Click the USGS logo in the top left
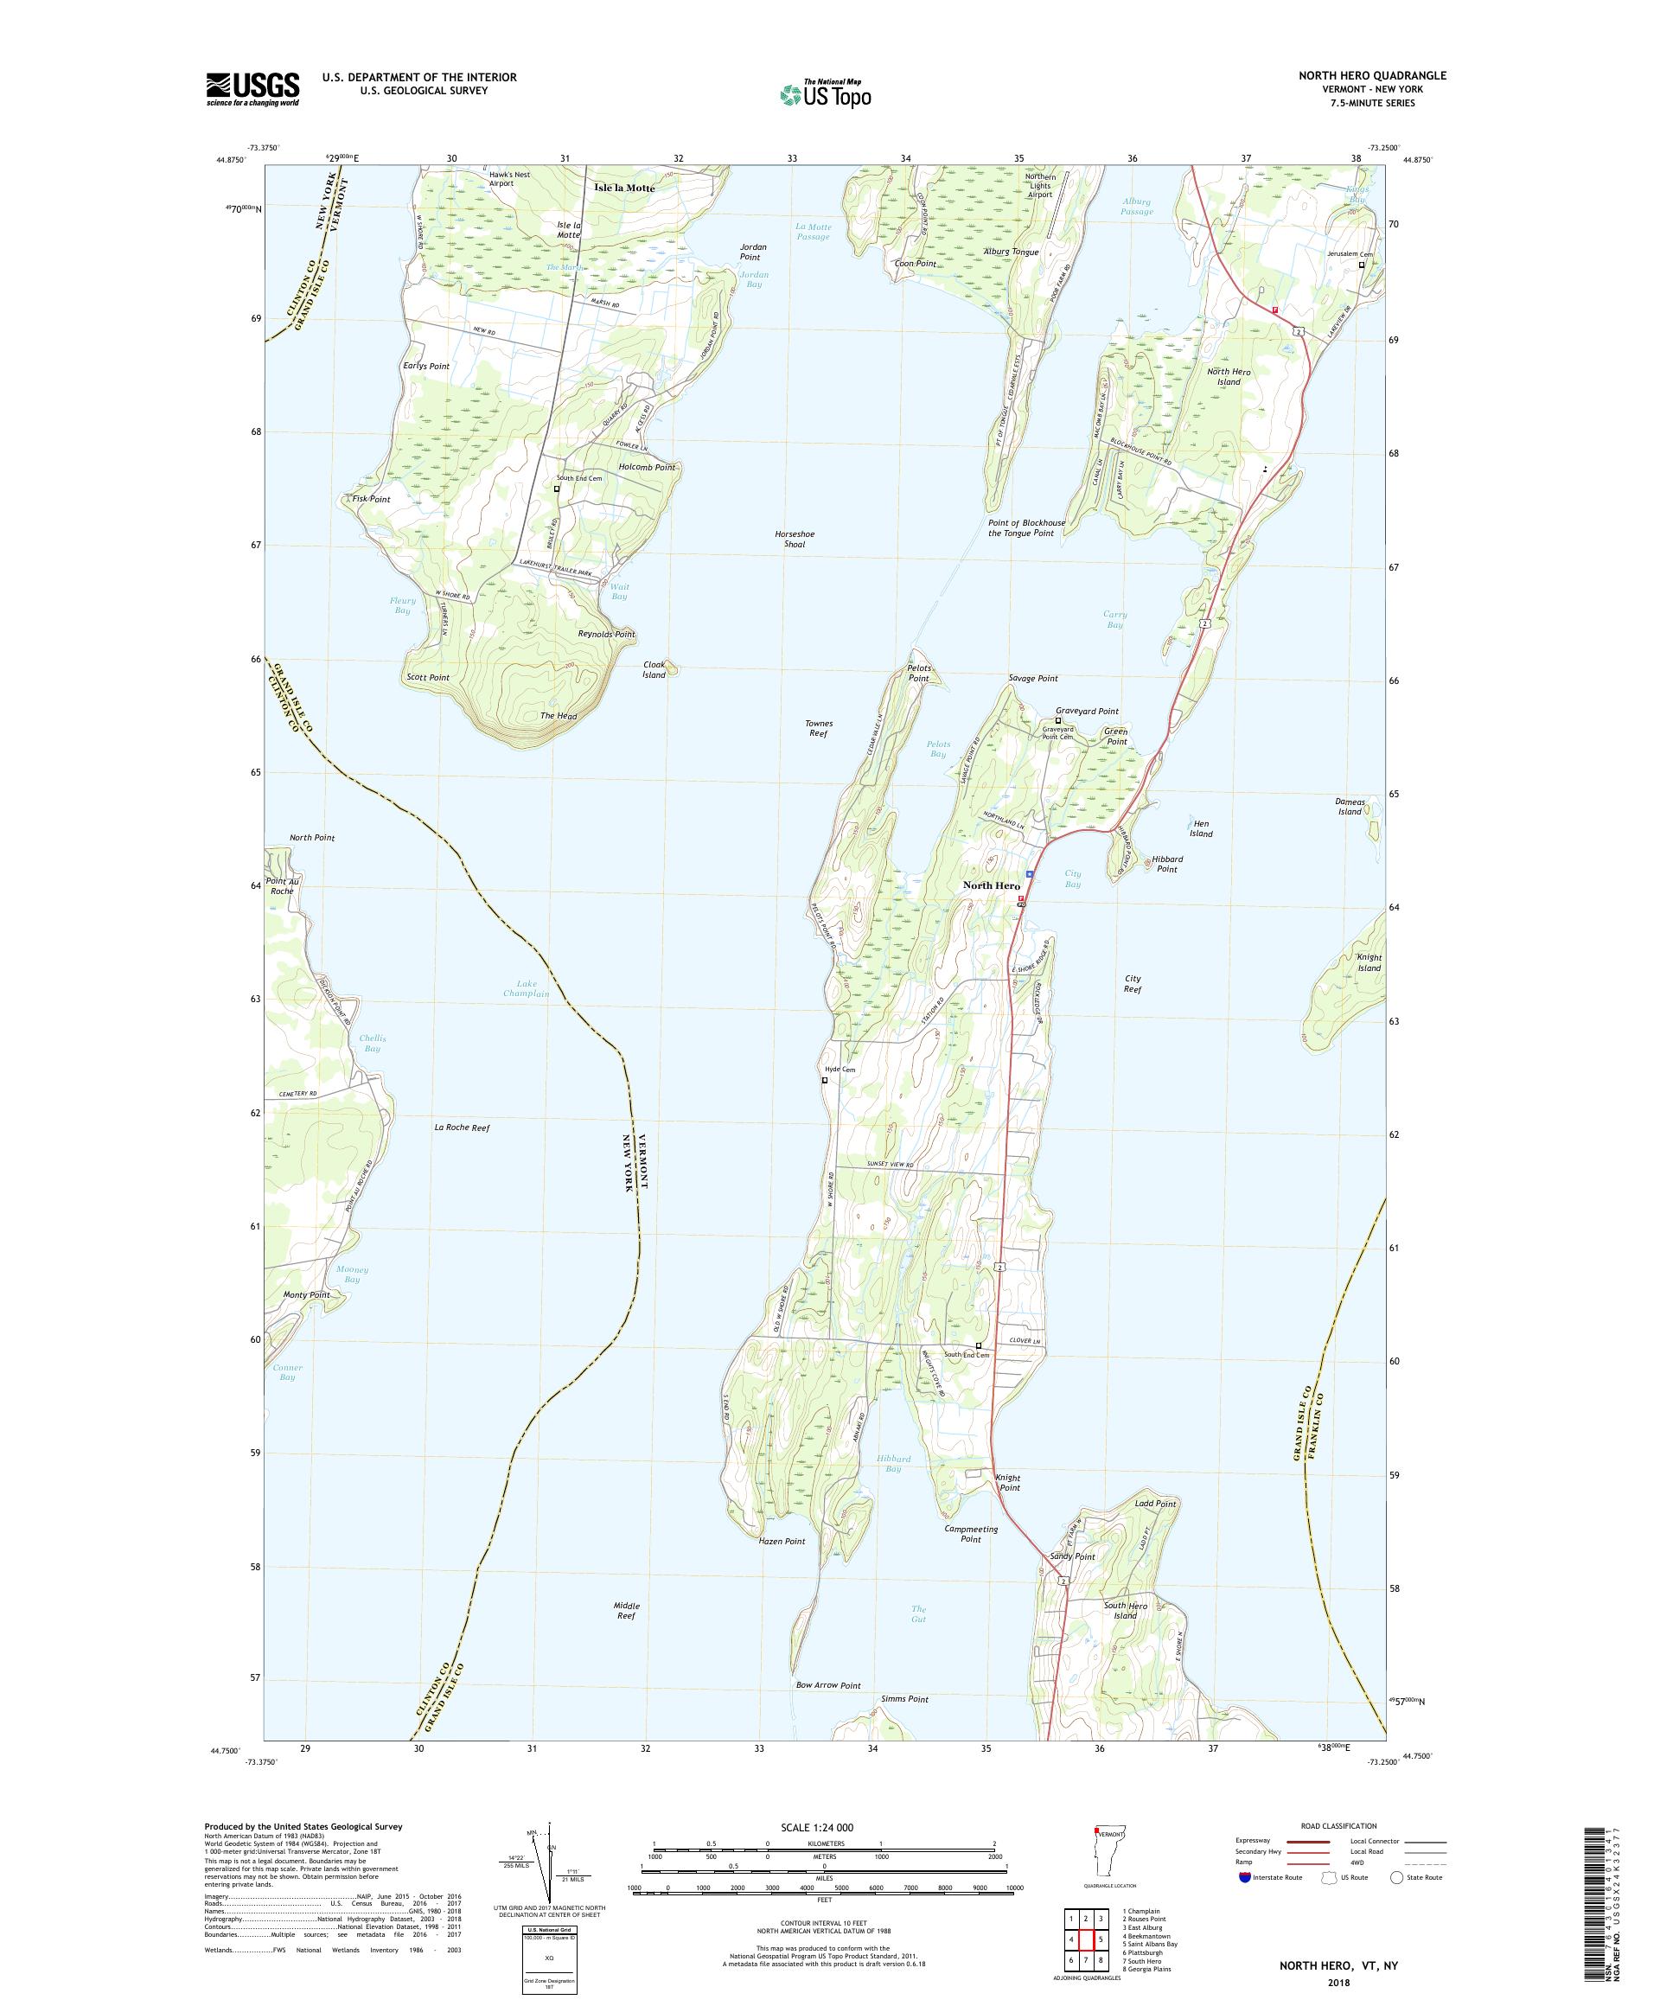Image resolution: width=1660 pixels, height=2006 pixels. [x=252, y=89]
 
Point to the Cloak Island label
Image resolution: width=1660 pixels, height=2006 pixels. [x=654, y=669]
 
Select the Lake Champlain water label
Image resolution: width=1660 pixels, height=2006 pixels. [x=527, y=987]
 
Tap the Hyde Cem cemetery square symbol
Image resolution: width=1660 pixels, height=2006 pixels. [x=825, y=1080]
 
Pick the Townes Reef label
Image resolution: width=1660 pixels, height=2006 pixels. [x=819, y=728]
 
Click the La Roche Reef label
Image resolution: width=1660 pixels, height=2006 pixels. [x=462, y=1128]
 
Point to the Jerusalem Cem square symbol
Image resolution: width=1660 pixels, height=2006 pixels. [x=1362, y=265]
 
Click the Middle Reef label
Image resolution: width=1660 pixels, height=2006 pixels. [x=627, y=1611]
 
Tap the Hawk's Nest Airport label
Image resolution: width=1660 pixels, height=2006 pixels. [x=508, y=179]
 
